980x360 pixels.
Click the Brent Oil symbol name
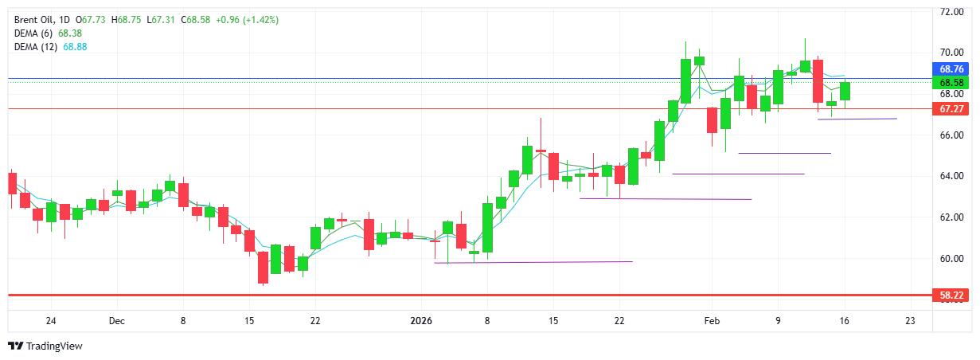(x=37, y=19)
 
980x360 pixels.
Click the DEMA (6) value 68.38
(x=71, y=33)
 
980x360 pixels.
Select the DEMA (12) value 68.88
(x=76, y=47)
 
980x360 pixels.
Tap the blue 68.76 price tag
(x=952, y=70)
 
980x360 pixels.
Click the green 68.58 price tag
(x=952, y=83)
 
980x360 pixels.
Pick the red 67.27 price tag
(x=952, y=108)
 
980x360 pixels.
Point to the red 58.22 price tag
(x=952, y=295)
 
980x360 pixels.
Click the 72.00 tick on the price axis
(x=952, y=13)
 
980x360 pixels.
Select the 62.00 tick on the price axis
(x=952, y=217)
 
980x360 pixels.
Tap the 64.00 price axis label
(x=952, y=176)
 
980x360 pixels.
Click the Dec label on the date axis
(x=117, y=321)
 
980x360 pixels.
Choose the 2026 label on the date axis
(x=420, y=321)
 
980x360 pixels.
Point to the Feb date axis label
(x=712, y=321)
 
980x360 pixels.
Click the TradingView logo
(x=45, y=346)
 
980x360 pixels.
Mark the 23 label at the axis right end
(x=910, y=321)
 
